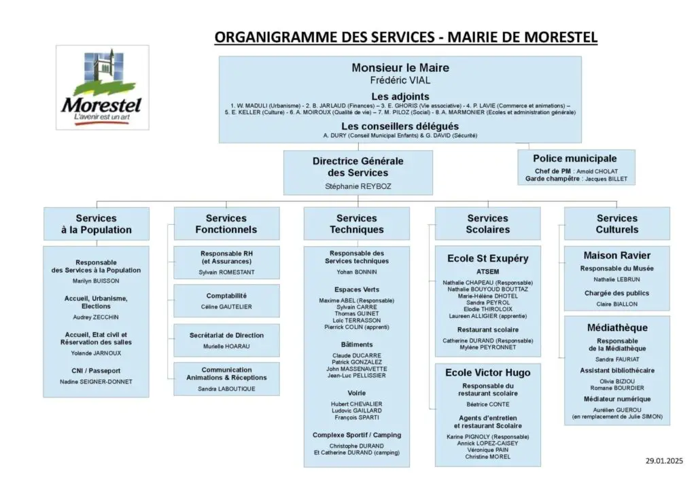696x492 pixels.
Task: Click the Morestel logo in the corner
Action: point(102,87)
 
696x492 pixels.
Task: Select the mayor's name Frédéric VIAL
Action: point(400,80)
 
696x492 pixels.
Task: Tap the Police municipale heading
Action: point(575,159)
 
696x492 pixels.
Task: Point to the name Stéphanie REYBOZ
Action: point(358,186)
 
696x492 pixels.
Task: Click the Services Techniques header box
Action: point(356,224)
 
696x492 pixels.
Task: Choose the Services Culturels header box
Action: point(616,224)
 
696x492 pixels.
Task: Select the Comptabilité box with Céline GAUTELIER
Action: point(226,300)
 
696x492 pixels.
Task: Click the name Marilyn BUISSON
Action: point(96,281)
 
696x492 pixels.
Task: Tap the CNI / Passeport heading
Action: point(96,370)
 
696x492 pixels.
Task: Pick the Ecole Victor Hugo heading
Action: point(487,372)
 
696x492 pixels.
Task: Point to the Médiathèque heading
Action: point(616,328)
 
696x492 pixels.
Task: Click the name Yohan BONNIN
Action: point(357,272)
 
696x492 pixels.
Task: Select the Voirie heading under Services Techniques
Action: point(357,393)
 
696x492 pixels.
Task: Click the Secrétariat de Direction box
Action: point(226,340)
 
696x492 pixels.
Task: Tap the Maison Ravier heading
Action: point(616,256)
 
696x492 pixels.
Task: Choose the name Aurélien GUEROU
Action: point(616,409)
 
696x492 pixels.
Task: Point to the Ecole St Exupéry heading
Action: point(487,258)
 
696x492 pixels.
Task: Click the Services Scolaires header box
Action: point(487,224)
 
